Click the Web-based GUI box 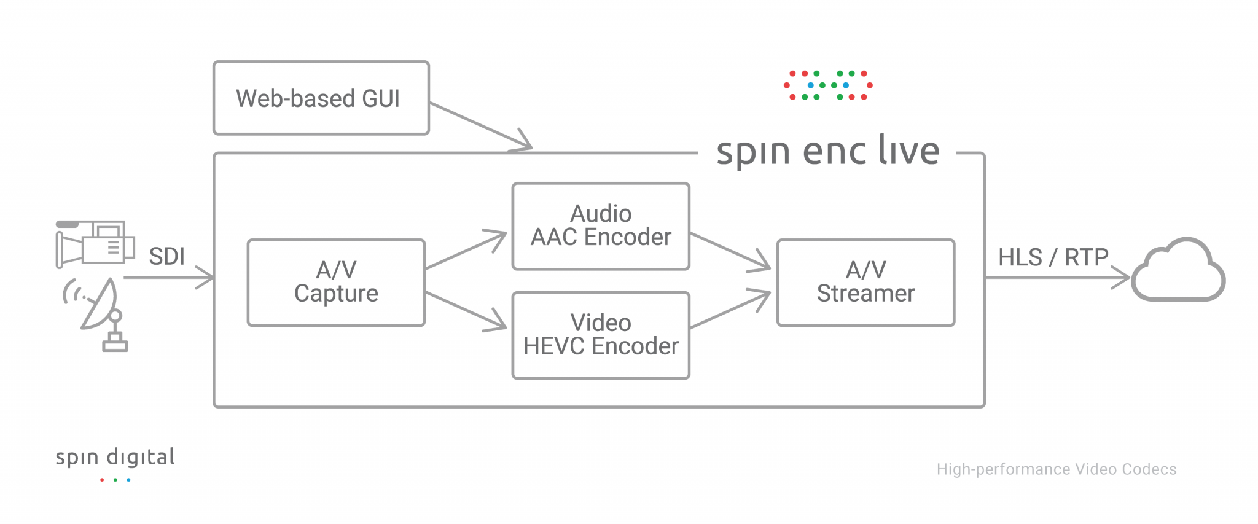[321, 98]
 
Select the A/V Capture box [336, 283]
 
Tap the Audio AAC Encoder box [601, 226]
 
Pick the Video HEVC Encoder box [601, 335]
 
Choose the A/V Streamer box [865, 283]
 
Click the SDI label [166, 257]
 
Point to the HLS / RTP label [1053, 257]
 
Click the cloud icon [1178, 272]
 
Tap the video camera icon [95, 244]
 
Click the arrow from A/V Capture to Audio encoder [465, 251]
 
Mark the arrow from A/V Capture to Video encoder [465, 311]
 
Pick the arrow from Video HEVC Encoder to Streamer [730, 310]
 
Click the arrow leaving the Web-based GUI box [479, 126]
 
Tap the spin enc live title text [827, 152]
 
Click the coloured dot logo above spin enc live [828, 85]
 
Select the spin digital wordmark [115, 458]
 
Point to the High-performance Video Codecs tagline [1056, 469]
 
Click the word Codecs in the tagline [1149, 469]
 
